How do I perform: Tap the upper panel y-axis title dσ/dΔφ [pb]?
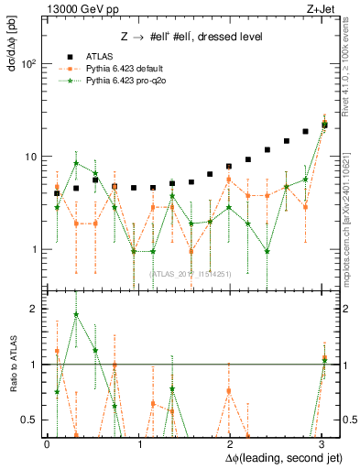pyautogui.click(x=11, y=54)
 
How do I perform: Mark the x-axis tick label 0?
pyautogui.click(x=47, y=443)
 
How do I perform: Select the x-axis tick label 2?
pyautogui.click(x=229, y=443)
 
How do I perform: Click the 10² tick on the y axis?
pyautogui.click(x=29, y=64)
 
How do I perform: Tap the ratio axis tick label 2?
pyautogui.click(x=34, y=309)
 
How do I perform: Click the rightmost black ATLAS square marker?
pyautogui.click(x=324, y=124)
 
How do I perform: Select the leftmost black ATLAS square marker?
pyautogui.click(x=57, y=193)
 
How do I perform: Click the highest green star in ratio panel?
pyautogui.click(x=76, y=314)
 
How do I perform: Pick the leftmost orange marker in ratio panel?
pyautogui.click(x=57, y=351)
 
